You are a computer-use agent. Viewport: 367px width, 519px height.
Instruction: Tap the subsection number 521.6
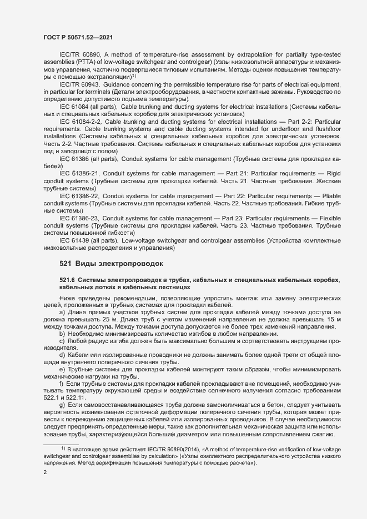point(68,280)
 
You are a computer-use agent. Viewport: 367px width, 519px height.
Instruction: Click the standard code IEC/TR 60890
point(78,54)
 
